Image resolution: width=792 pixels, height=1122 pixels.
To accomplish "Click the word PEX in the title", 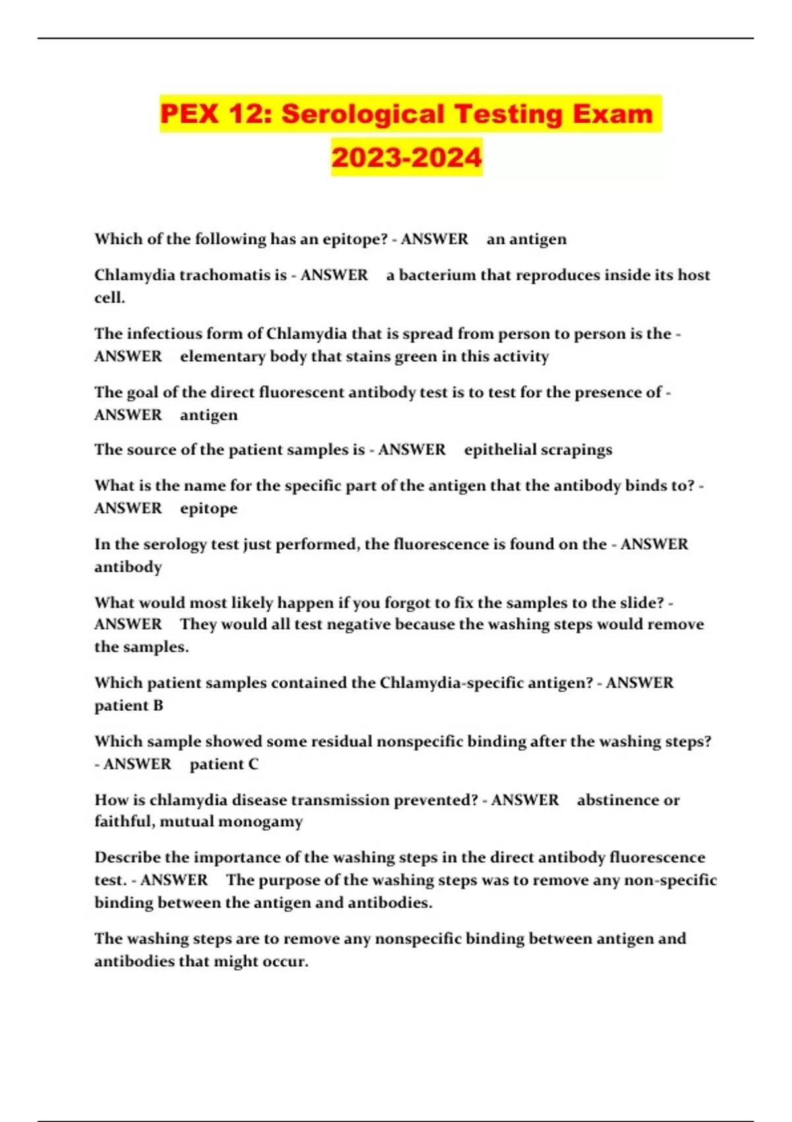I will [x=189, y=114].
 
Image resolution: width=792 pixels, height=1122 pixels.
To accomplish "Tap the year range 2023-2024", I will [x=407, y=157].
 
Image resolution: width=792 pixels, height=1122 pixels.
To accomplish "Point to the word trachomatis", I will [x=225, y=275].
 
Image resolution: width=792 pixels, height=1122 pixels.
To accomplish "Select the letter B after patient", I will [x=158, y=706].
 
